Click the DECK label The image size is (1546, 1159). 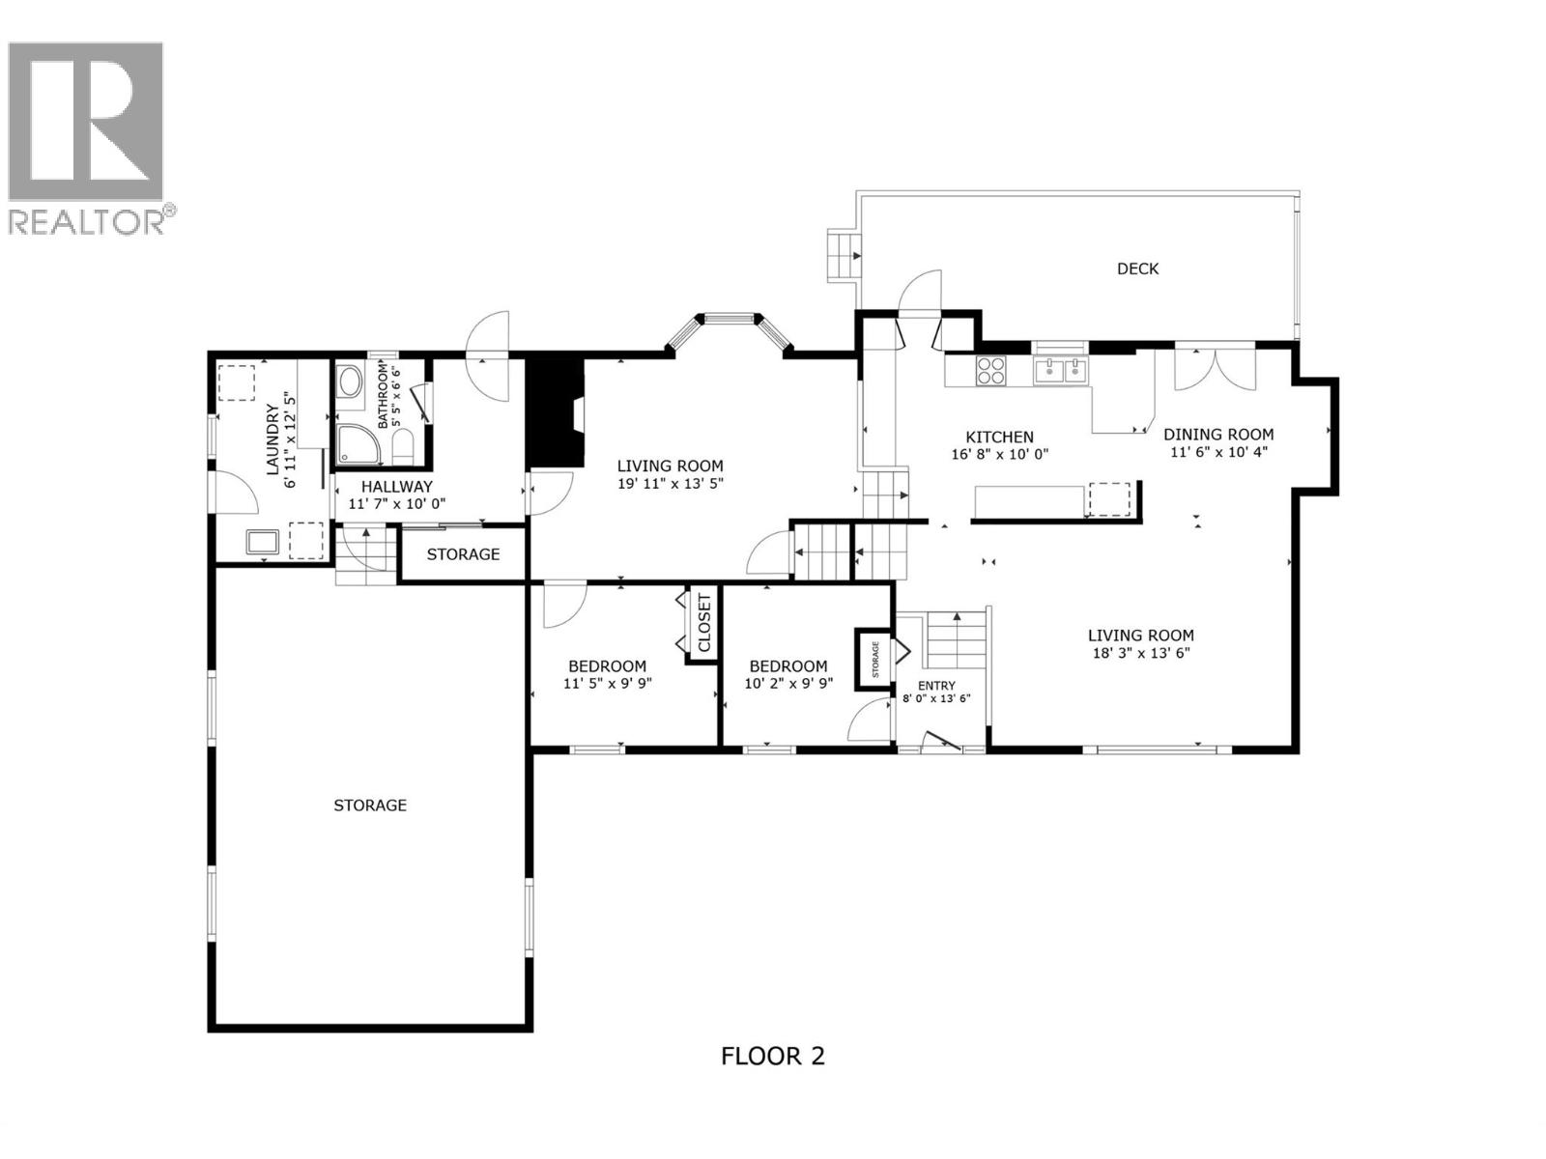[1137, 269]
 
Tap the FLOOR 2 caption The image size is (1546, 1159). [773, 1056]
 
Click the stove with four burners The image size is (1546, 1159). [991, 371]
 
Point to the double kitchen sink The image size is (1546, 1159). [1060, 370]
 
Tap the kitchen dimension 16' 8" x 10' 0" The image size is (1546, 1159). [1000, 454]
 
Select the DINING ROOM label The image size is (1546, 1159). [1217, 435]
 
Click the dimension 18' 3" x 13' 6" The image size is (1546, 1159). [1141, 653]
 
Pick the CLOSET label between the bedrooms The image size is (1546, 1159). [703, 624]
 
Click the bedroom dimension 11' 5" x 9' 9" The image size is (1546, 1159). [607, 684]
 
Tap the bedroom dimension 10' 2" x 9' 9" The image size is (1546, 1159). [788, 684]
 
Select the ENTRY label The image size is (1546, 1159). [935, 686]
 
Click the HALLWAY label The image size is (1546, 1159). [396, 487]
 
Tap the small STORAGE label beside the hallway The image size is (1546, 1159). [463, 554]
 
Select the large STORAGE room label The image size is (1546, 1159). [370, 806]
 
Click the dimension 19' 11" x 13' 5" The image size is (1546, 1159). [671, 484]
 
